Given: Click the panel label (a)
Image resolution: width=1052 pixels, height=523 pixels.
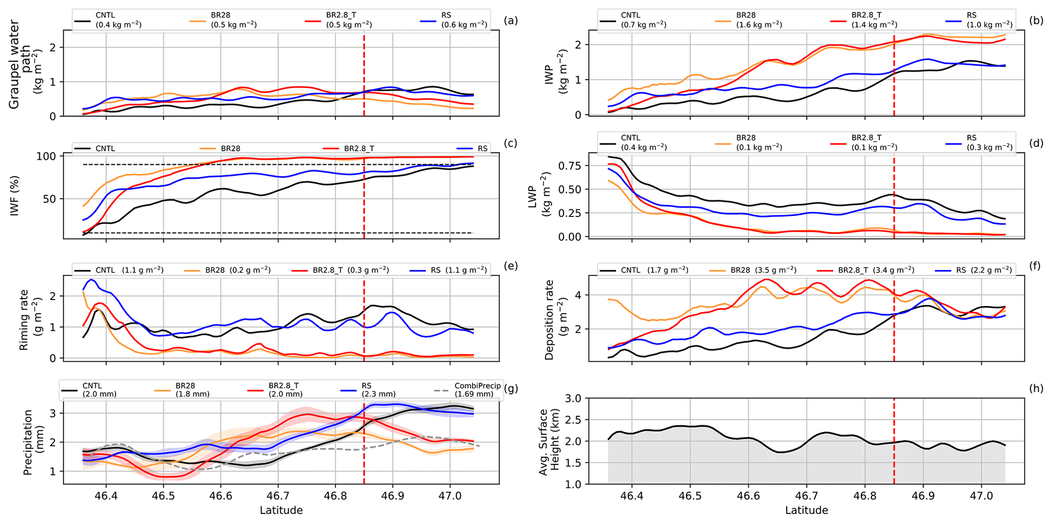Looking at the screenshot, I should pos(510,21).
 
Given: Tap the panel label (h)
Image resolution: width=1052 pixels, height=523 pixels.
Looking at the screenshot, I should pos(1036,389).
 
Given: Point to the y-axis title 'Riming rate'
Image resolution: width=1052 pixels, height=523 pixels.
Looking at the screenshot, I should pos(24,319).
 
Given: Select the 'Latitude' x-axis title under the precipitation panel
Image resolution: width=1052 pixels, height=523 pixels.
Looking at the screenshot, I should pos(281,510).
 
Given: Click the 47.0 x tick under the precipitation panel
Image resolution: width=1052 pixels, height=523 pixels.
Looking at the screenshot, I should pos(449,496).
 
